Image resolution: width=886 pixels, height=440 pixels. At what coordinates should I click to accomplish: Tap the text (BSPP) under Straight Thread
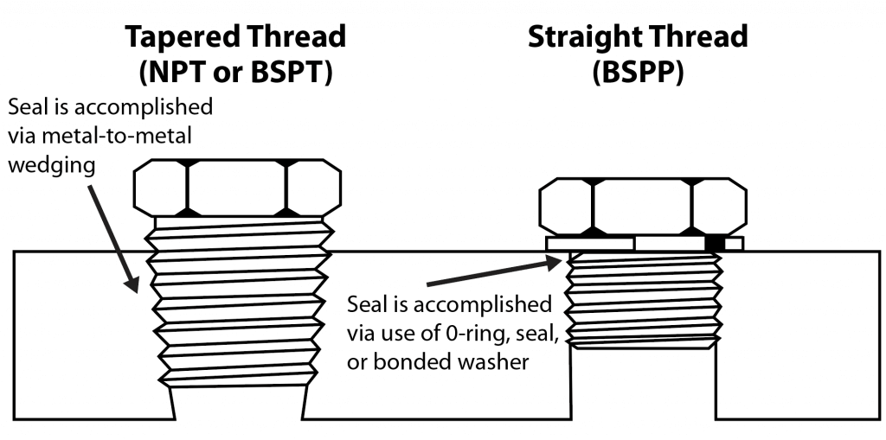[639, 73]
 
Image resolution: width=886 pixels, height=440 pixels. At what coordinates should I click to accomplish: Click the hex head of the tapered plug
[237, 188]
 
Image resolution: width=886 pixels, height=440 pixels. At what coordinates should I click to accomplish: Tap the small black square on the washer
[714, 244]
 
